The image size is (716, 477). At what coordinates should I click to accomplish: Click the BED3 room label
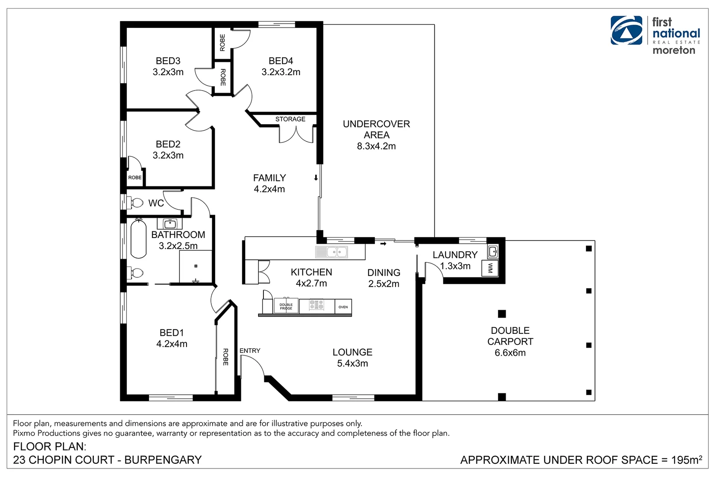pyautogui.click(x=168, y=61)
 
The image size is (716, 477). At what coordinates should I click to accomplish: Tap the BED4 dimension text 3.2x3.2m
pyautogui.click(x=281, y=72)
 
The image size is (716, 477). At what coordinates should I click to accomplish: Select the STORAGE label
pyautogui.click(x=290, y=119)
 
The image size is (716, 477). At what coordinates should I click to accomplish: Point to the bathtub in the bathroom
pyautogui.click(x=138, y=238)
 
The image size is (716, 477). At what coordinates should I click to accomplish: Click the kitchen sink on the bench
pyautogui.click(x=337, y=252)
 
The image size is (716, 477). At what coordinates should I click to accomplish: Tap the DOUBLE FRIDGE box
pyautogui.click(x=286, y=306)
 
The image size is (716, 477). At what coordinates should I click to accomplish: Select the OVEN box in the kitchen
pyautogui.click(x=343, y=307)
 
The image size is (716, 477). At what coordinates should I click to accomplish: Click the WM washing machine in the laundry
pyautogui.click(x=490, y=268)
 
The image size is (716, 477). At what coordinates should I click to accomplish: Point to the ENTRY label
pyautogui.click(x=250, y=351)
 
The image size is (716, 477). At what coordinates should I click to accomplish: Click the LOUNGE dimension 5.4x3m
pyautogui.click(x=352, y=363)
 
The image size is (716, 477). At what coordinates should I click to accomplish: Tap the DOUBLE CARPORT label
pyautogui.click(x=510, y=336)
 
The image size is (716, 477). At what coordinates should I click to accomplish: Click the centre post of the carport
pyautogui.click(x=502, y=314)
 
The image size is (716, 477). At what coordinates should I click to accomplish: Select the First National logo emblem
pyautogui.click(x=626, y=30)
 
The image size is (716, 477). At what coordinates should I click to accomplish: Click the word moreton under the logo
pyautogui.click(x=674, y=50)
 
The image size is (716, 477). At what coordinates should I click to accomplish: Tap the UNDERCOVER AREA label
pyautogui.click(x=376, y=129)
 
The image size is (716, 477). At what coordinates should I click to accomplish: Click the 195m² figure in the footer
pyautogui.click(x=686, y=460)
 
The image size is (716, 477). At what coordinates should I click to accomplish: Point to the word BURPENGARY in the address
pyautogui.click(x=163, y=460)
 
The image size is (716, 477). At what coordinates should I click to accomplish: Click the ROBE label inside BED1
pyautogui.click(x=225, y=357)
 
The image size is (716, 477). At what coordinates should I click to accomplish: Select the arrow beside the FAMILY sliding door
pyautogui.click(x=316, y=178)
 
